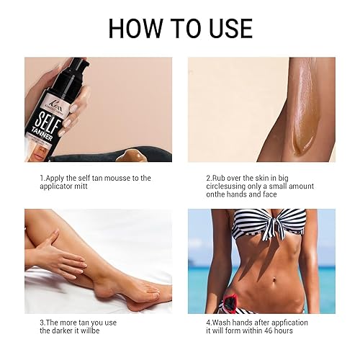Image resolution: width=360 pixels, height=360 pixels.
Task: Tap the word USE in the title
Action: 226,28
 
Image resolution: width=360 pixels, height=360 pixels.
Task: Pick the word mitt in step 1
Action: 88,186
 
